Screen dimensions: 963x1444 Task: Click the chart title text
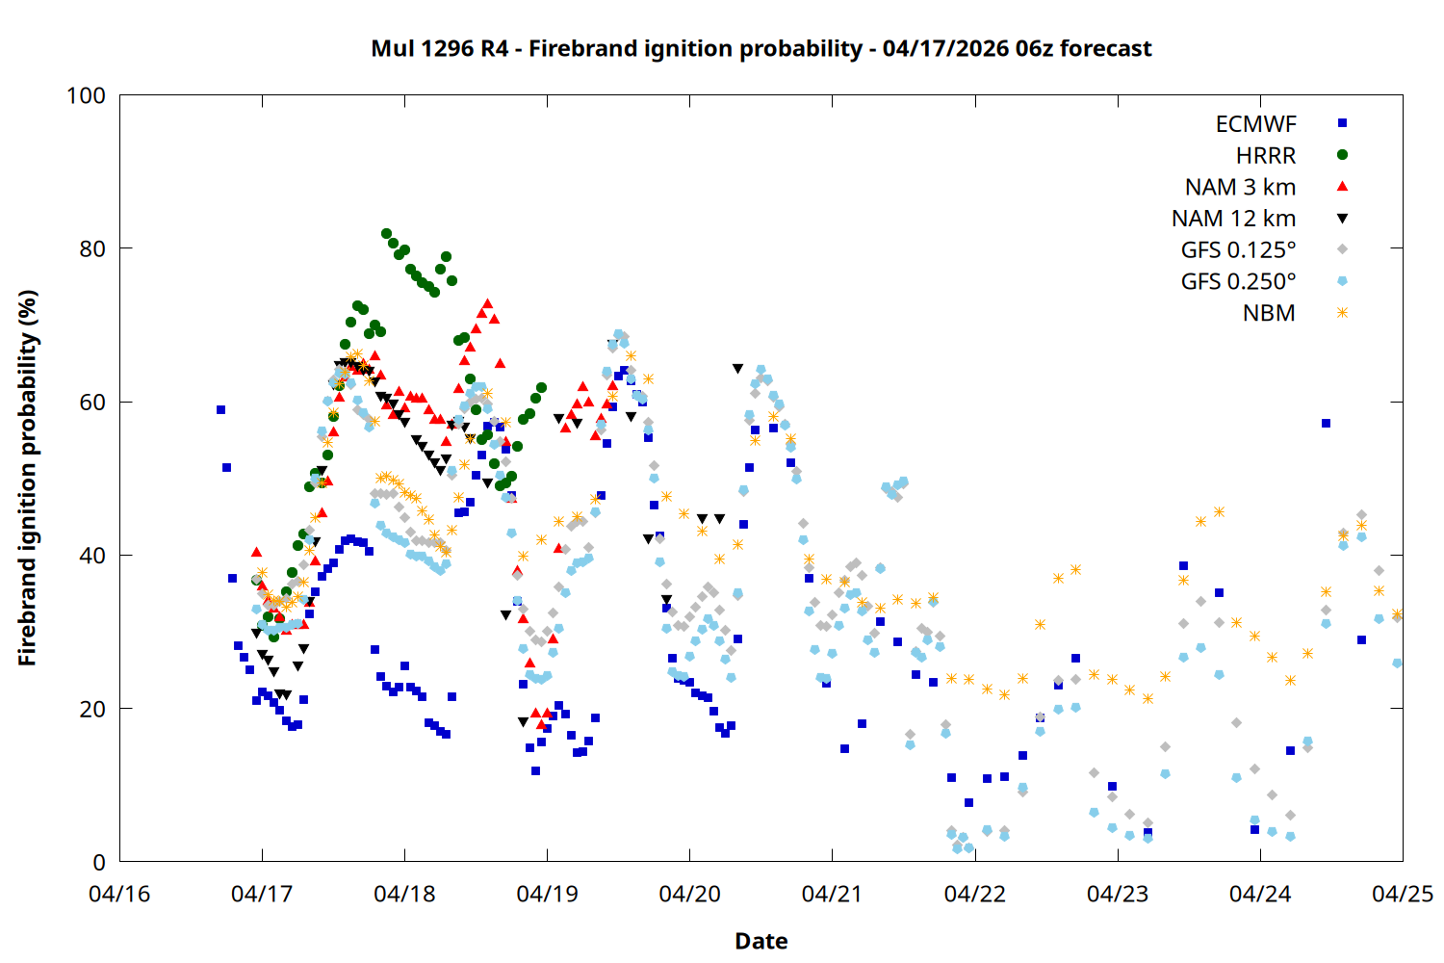click(761, 48)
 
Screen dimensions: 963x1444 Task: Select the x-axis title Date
click(761, 941)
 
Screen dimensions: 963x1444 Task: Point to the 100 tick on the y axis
click(86, 95)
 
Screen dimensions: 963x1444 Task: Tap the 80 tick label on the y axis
click(91, 248)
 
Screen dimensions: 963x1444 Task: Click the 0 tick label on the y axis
click(98, 862)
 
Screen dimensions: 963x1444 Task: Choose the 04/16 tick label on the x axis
click(119, 894)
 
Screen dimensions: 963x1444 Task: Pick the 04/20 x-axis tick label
click(689, 894)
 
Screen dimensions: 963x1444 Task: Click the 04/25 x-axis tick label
click(1402, 894)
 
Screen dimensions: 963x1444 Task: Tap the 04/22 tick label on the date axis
click(974, 894)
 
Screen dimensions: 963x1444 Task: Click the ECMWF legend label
click(1255, 124)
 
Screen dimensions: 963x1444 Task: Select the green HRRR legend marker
click(1342, 155)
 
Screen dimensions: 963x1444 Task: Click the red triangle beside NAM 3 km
click(1342, 186)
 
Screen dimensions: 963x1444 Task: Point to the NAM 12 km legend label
click(1233, 219)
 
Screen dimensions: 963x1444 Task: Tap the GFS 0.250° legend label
click(1238, 281)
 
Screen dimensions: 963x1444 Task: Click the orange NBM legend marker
click(1342, 312)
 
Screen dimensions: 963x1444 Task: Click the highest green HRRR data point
click(386, 234)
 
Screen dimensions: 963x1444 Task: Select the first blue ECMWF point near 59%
click(220, 410)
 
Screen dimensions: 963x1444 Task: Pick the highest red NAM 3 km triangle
click(487, 304)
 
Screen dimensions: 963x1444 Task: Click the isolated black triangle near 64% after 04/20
click(737, 369)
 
